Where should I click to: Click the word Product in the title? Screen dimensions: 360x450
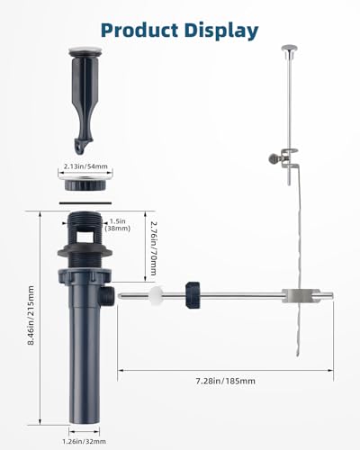[x=139, y=31]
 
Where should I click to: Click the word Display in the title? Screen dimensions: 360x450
[x=221, y=31]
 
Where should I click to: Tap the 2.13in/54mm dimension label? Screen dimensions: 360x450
[x=85, y=166]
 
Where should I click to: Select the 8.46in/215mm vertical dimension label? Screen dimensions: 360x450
[x=31, y=315]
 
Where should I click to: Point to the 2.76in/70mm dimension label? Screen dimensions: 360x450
[x=153, y=248]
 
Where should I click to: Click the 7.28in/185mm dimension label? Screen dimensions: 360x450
[x=226, y=381]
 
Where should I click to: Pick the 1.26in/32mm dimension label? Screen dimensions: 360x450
[x=84, y=441]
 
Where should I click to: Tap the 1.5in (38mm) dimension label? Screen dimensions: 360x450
[x=118, y=225]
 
